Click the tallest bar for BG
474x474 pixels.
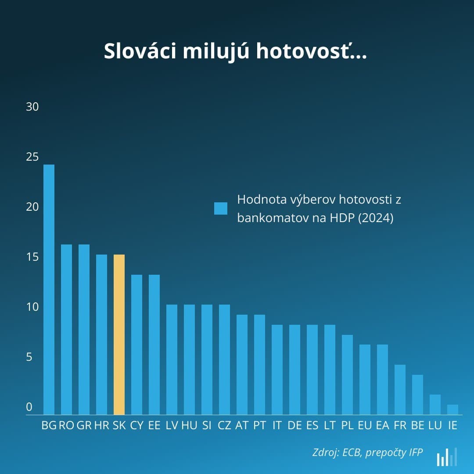coord(49,290)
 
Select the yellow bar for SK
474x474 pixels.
coord(119,334)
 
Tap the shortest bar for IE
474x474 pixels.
coord(452,409)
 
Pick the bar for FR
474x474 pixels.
coord(400,389)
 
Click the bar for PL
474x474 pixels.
coord(347,374)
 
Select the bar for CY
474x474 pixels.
coord(136,345)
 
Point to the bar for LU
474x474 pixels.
coord(435,404)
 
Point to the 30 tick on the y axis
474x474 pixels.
coord(32,107)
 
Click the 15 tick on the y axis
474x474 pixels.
coord(32,257)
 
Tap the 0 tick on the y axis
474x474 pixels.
coord(29,407)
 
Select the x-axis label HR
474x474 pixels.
coord(101,425)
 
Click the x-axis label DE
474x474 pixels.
coord(294,425)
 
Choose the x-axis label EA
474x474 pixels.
coord(382,425)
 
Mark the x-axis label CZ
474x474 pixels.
coord(224,425)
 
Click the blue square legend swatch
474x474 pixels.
coord(221,208)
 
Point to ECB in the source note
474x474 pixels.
coord(352,452)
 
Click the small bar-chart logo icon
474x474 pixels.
coord(447,457)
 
